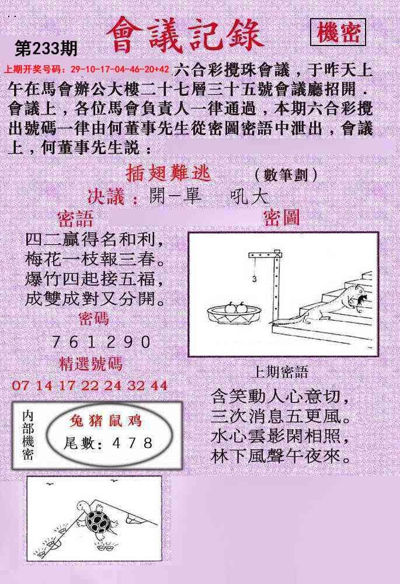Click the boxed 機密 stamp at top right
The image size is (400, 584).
click(338, 33)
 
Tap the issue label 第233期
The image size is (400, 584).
click(46, 48)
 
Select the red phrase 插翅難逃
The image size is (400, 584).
click(169, 173)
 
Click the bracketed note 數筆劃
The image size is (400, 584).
click(286, 174)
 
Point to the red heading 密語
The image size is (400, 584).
click(75, 219)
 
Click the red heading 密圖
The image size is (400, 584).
click(281, 217)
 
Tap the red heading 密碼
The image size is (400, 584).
click(94, 319)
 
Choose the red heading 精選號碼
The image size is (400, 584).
click(91, 364)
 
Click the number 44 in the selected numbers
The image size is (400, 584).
click(159, 385)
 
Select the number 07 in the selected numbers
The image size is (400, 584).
click(20, 385)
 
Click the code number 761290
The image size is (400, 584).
click(101, 342)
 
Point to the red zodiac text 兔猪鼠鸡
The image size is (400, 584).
click(105, 420)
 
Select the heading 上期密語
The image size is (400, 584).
click(280, 372)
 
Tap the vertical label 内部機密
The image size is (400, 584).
click(28, 435)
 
